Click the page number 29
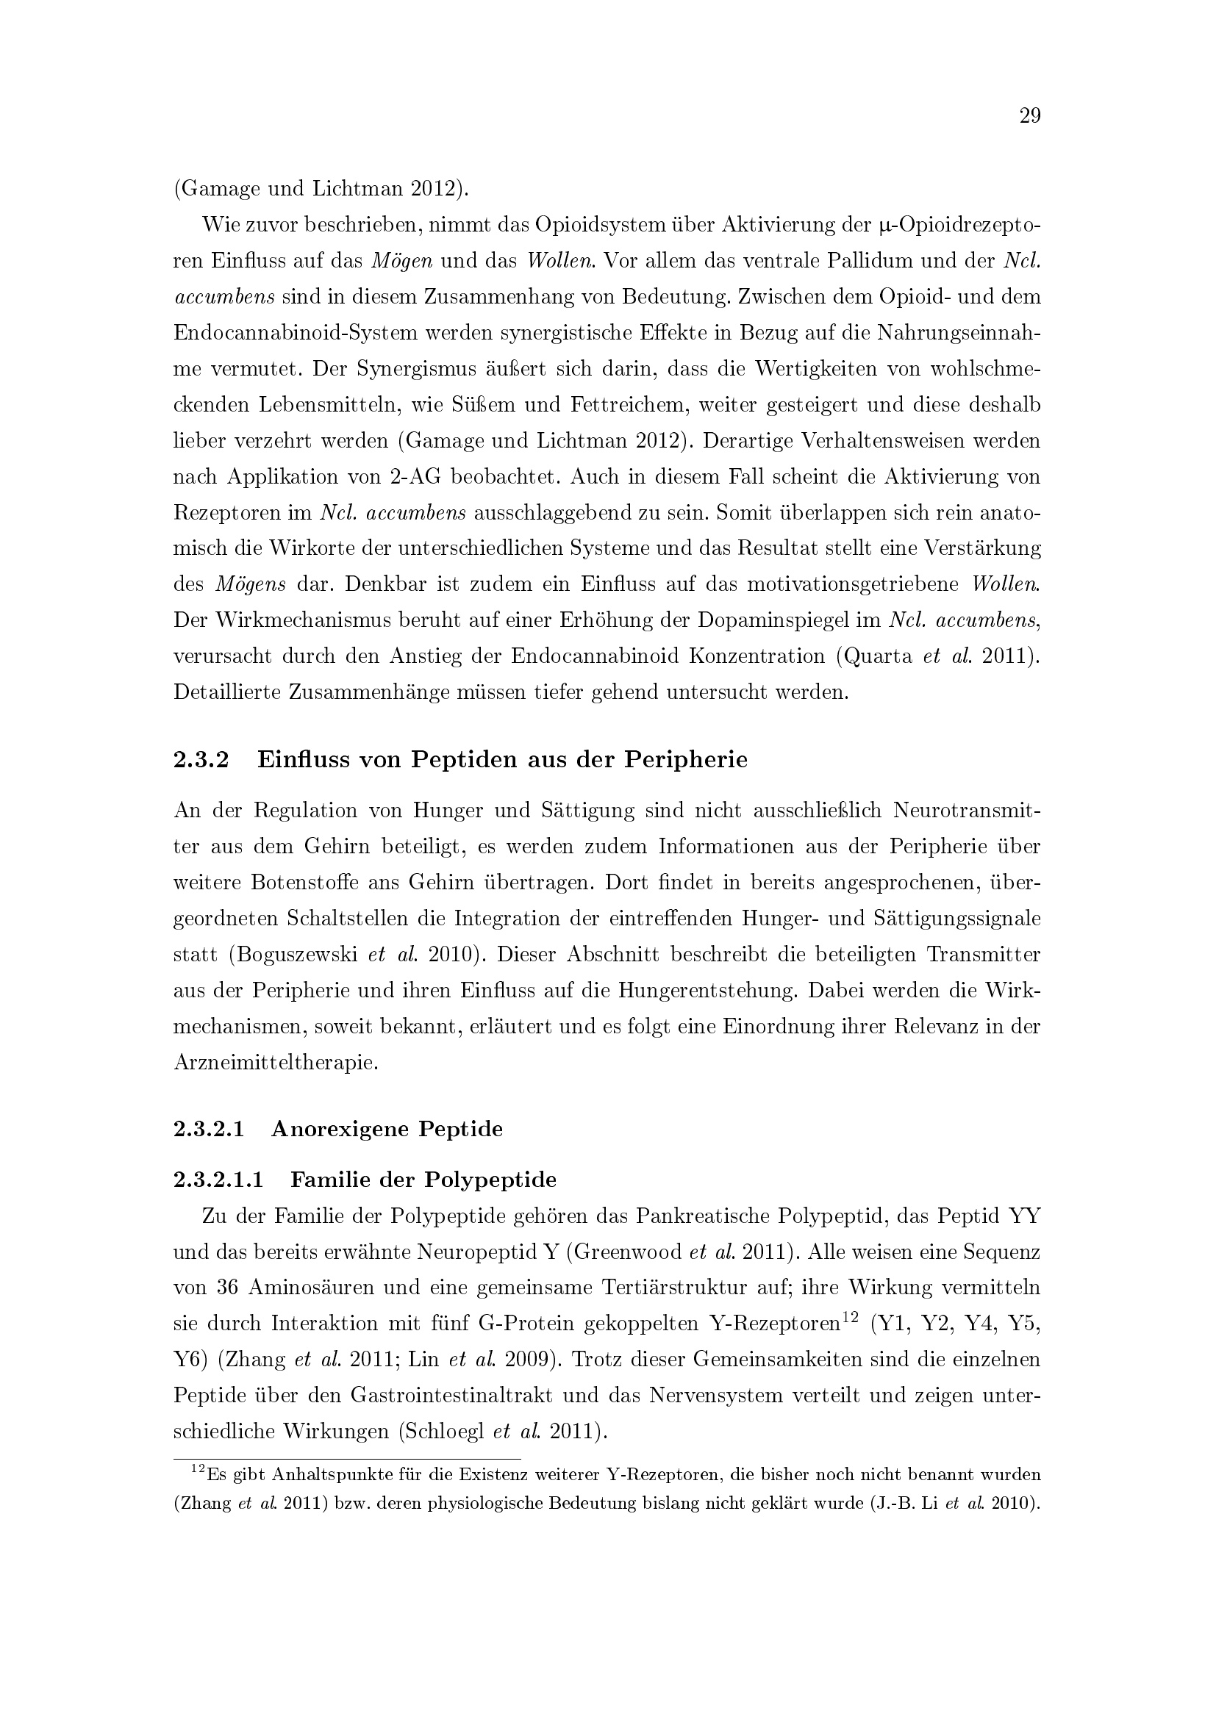pyautogui.click(x=1029, y=116)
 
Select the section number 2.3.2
pyautogui.click(x=201, y=759)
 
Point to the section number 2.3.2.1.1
pyautogui.click(x=218, y=1180)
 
